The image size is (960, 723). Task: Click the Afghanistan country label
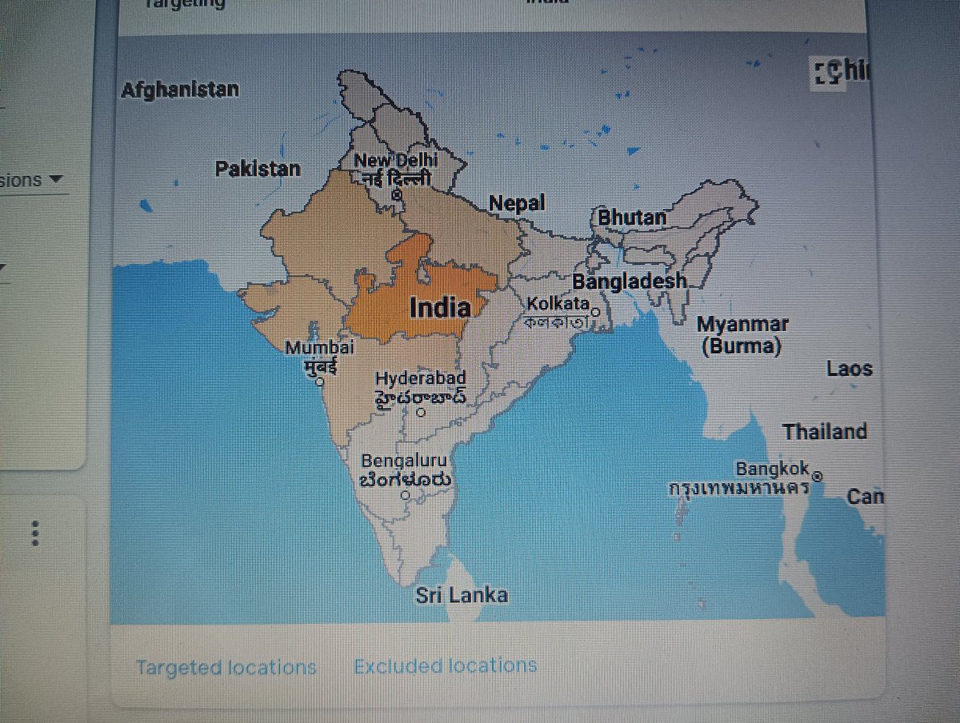coord(179,90)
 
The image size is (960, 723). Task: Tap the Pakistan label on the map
coord(258,169)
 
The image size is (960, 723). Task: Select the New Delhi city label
coord(396,162)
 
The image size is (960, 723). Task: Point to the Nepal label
coord(517,203)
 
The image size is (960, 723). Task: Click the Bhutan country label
coord(632,217)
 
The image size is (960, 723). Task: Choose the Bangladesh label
coord(629,281)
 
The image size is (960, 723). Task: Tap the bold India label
coord(439,307)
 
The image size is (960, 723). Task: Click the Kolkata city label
coord(558,304)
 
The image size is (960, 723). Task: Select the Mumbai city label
coord(319,348)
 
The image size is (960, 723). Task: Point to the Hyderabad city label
coord(420,377)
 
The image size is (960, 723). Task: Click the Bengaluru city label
coord(404,461)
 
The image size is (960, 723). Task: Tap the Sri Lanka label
coord(462,595)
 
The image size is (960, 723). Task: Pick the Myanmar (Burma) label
coord(742,335)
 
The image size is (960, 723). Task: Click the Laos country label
coord(850,369)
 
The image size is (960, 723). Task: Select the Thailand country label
coord(825,432)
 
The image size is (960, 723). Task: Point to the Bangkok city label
coord(773,469)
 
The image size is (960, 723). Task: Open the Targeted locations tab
coord(226,667)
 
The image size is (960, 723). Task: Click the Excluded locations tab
coord(446,665)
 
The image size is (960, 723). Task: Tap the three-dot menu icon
coord(34,533)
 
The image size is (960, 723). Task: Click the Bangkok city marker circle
coord(818,477)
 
